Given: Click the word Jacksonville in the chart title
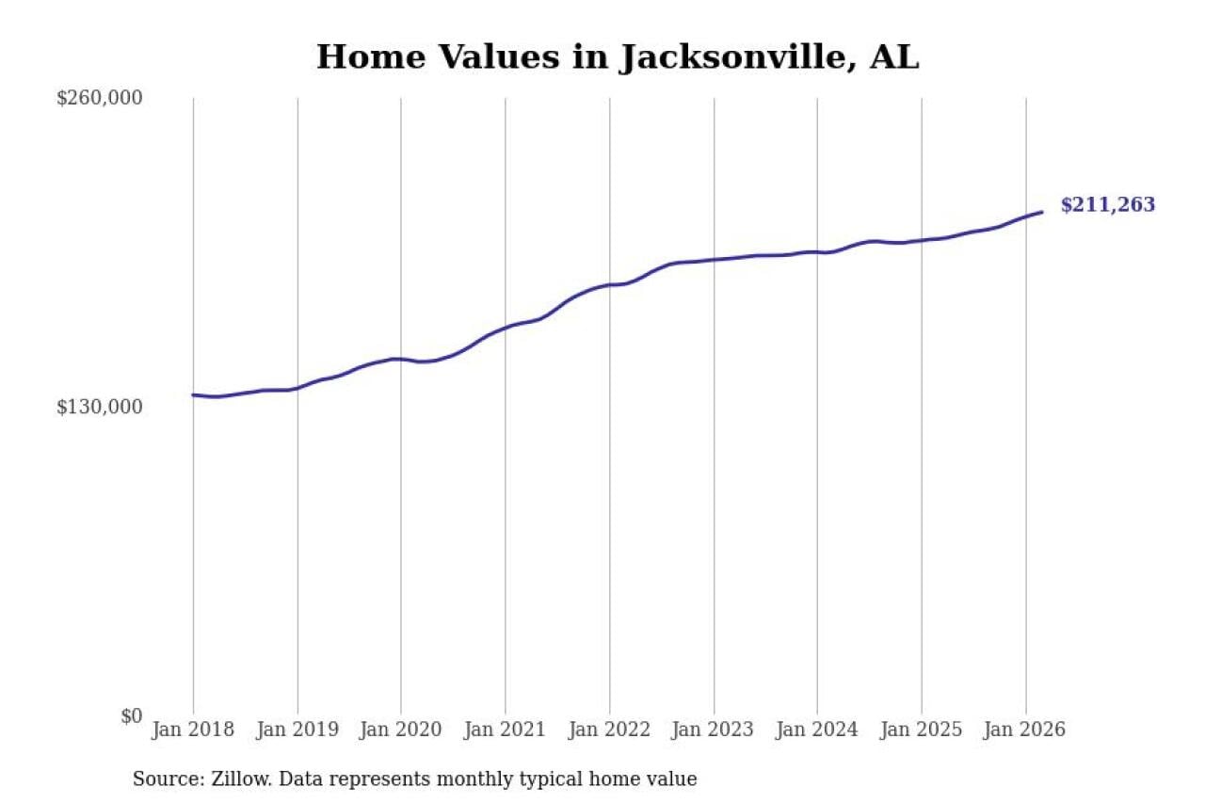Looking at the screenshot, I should pos(733,57).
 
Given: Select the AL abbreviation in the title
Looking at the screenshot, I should pos(893,57).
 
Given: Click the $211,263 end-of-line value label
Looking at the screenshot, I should pos(1107,205).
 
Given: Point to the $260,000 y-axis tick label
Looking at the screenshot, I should pos(100,98).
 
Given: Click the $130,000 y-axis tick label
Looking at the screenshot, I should pos(100,407).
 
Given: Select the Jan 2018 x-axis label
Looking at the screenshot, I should pos(193,731).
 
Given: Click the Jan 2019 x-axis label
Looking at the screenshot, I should pos(297,731).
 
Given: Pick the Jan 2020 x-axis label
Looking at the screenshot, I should pos(401,731).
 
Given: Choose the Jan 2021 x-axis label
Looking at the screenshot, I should pos(506,731).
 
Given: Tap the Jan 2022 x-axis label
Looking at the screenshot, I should pos(609,731).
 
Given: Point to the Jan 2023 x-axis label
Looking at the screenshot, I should pos(714,731).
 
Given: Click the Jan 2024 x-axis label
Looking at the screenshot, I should pos(817,731).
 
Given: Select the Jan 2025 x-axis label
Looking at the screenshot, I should pos(922,731).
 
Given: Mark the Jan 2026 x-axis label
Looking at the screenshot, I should pos(1025,731).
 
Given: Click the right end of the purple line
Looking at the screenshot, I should pos(1042,212).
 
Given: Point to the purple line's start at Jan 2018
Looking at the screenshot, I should pos(193,394).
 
